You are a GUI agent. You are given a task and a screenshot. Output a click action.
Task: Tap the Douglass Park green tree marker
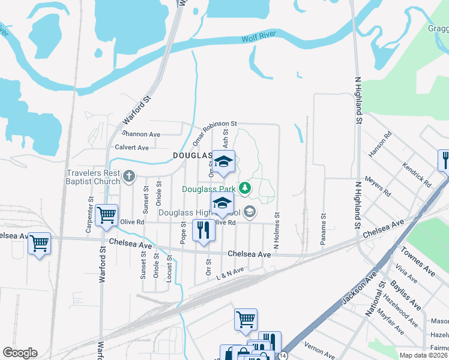tap(244, 188)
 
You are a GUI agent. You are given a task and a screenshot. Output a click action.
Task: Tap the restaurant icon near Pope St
tap(203, 230)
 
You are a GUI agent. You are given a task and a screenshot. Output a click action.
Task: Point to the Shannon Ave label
tap(141, 134)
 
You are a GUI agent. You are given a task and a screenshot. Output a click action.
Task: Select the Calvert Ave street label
tap(131, 147)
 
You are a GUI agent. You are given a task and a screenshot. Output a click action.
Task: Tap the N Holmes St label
tap(277, 230)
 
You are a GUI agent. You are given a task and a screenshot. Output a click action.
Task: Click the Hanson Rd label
tap(380, 144)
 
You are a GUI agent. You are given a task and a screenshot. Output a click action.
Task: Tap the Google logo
tap(20, 353)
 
